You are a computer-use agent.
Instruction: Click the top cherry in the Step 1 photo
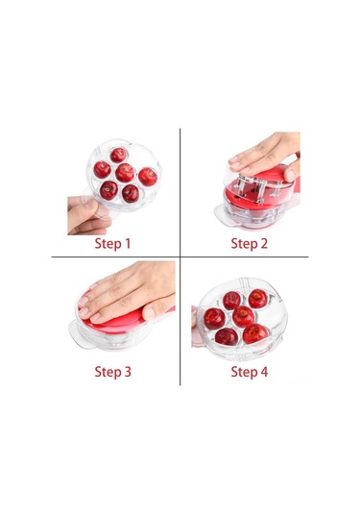pos(118,155)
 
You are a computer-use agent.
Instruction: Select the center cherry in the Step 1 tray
pos(125,173)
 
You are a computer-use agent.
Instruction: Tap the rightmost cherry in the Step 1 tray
pos(148,177)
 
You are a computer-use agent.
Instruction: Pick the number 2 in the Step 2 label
pos(263,243)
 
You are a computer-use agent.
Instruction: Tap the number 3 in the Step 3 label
pos(127,372)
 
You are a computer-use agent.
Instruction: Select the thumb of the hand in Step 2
pos(291,172)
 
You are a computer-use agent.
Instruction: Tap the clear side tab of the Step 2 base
pos(224,215)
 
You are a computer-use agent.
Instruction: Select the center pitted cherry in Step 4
pos(244,316)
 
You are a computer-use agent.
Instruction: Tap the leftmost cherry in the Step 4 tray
pos(214,319)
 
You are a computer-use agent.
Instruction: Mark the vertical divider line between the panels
pos(180,257)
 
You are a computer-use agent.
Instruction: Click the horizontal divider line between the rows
pos(180,257)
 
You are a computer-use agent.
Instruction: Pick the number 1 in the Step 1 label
pos(127,243)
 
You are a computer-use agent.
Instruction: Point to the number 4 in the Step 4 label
pos(263,372)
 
